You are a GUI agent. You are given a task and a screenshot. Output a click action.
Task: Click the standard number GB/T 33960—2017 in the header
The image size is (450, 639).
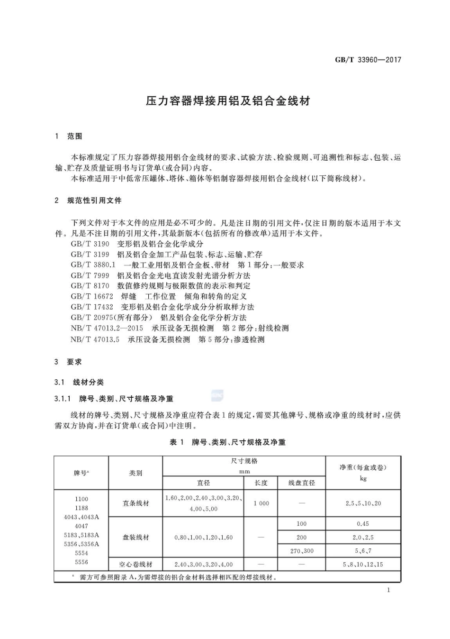(368, 60)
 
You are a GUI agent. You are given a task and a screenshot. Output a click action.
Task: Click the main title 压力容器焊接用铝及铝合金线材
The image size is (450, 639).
(228, 101)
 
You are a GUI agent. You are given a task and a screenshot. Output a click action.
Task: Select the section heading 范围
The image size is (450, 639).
(74, 137)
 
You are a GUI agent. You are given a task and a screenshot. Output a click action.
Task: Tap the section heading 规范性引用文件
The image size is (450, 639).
(94, 201)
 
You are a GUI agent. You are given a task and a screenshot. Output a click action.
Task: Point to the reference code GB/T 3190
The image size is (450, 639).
(90, 244)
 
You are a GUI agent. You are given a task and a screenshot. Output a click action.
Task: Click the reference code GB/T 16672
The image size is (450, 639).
(92, 297)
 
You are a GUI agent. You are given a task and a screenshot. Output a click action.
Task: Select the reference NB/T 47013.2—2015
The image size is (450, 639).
(107, 328)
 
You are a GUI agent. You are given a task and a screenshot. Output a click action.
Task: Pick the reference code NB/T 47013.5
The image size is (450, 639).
(95, 339)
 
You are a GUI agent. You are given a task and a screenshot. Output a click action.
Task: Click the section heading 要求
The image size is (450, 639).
(74, 362)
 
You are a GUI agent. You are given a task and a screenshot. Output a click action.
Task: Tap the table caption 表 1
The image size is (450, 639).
(176, 442)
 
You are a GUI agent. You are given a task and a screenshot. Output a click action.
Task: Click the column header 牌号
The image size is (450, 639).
(81, 473)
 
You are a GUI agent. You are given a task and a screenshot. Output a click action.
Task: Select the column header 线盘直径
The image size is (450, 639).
(302, 483)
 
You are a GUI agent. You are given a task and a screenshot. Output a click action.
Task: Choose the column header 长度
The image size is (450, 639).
(261, 483)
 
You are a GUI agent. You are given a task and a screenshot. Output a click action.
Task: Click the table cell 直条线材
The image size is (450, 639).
(135, 503)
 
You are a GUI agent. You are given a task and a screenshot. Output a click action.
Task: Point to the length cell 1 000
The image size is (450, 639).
(261, 503)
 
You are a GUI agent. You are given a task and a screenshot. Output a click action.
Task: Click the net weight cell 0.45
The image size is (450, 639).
(363, 524)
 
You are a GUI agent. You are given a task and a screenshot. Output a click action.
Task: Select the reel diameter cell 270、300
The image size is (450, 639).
(302, 551)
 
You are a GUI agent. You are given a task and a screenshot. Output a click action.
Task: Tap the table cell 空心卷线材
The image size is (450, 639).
(135, 565)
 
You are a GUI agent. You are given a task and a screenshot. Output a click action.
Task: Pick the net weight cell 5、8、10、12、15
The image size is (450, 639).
(363, 565)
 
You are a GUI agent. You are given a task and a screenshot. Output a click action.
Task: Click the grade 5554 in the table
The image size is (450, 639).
(81, 553)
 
